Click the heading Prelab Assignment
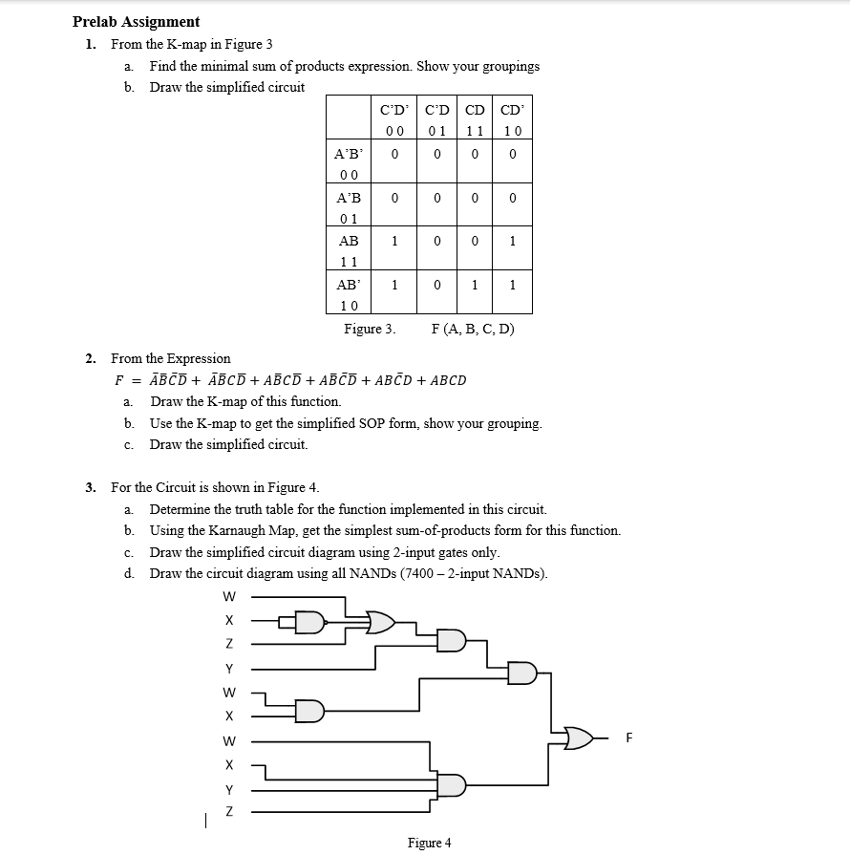click(136, 21)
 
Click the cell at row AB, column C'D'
click(394, 242)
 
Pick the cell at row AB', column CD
click(474, 285)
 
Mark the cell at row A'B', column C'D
click(436, 153)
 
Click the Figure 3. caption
click(370, 329)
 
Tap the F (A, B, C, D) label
click(473, 329)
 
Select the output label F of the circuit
click(629, 737)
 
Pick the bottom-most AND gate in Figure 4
click(451, 785)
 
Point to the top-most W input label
click(228, 597)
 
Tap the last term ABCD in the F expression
click(449, 380)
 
